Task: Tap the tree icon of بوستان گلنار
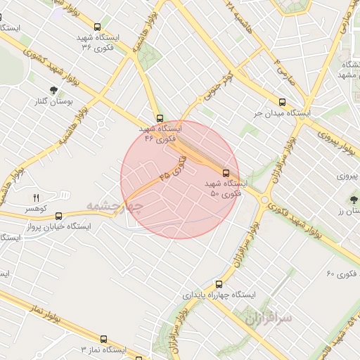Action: pos(54,90)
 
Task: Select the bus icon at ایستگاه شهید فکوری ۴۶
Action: pos(160,118)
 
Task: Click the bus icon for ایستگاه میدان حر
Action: pos(283,102)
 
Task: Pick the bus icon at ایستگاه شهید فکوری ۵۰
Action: pos(226,172)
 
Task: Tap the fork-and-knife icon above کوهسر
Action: pos(37,198)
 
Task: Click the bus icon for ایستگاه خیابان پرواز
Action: pos(58,216)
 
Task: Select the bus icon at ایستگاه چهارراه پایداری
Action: pos(219,285)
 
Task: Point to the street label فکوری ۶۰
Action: pos(344,273)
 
